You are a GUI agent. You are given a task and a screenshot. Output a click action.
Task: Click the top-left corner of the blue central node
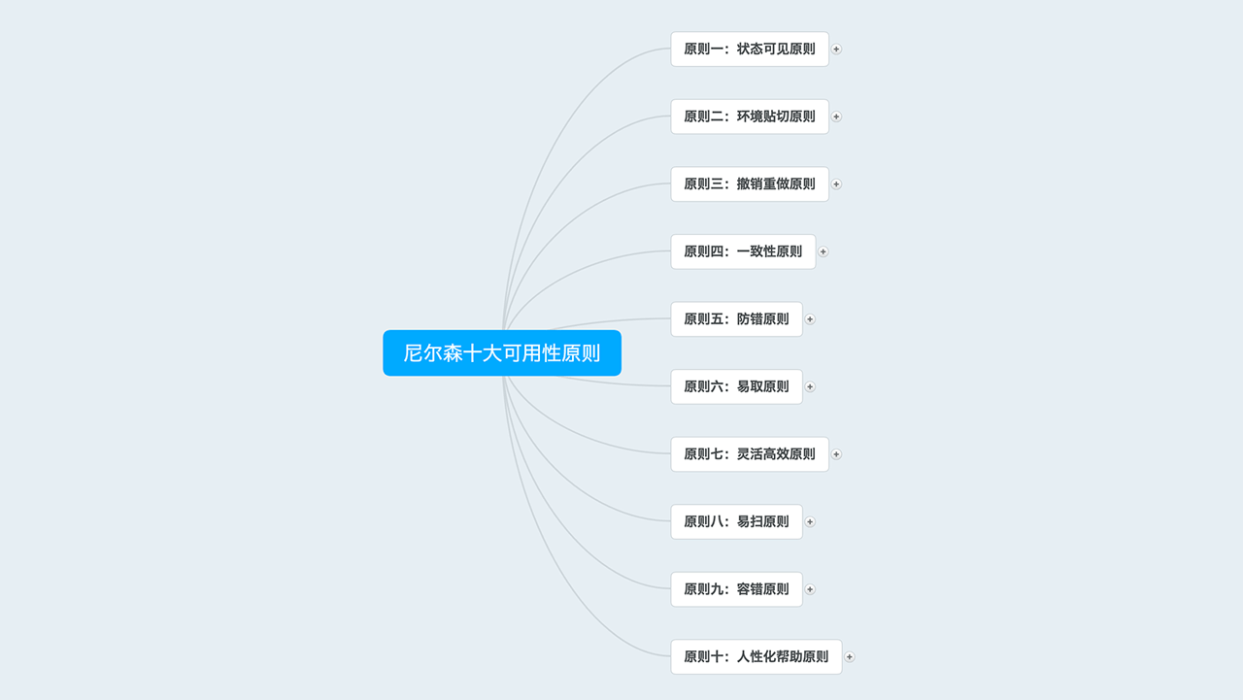click(384, 331)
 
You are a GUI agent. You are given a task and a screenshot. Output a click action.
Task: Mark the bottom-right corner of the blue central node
click(621, 376)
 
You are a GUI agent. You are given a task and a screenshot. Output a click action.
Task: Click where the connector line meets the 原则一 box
click(671, 49)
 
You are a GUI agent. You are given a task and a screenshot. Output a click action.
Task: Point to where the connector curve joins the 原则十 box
click(671, 656)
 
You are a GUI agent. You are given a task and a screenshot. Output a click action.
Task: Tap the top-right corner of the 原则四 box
click(815, 235)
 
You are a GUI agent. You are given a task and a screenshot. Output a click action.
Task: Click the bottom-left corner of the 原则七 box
click(671, 471)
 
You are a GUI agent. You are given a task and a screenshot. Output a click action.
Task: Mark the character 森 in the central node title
click(453, 353)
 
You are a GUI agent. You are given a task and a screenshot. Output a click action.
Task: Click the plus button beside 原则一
click(836, 50)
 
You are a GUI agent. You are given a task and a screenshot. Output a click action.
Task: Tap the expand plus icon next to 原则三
click(836, 184)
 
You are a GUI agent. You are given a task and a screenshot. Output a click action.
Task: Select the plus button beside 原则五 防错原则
click(810, 319)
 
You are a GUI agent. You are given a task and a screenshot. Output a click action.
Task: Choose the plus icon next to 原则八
click(810, 522)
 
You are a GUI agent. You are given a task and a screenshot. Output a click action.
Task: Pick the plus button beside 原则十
click(850, 656)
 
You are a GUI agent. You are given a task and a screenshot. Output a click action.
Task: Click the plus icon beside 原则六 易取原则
click(810, 386)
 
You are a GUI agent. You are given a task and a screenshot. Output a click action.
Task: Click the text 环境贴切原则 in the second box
click(776, 117)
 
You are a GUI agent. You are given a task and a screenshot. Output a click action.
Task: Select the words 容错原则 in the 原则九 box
click(762, 589)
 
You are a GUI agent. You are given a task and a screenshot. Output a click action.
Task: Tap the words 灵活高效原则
click(776, 454)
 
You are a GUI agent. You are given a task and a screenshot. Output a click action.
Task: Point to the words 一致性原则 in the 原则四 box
click(769, 251)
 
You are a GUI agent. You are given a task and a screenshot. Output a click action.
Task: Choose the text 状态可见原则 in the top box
click(776, 49)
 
